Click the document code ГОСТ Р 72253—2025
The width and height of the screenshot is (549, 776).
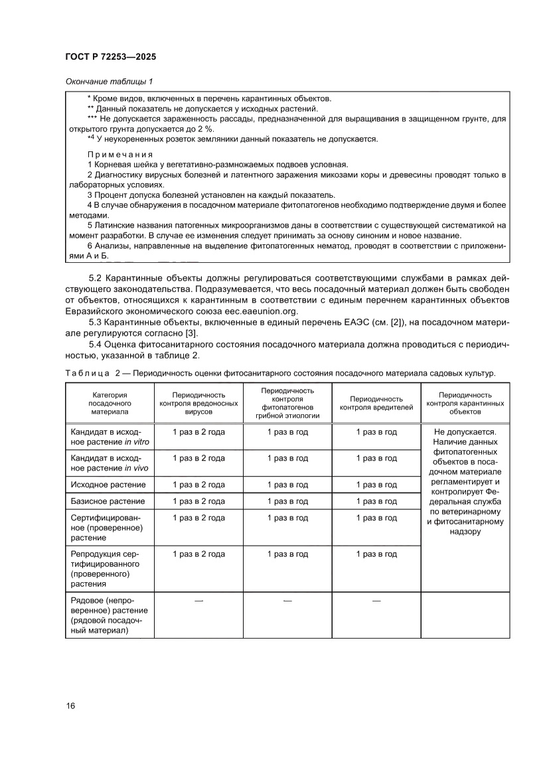point(110,57)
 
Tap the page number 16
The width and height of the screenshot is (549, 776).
point(70,705)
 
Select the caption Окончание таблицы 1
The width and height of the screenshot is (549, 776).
point(110,82)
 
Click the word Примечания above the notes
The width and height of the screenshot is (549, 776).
point(120,154)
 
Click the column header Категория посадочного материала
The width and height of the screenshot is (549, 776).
point(110,402)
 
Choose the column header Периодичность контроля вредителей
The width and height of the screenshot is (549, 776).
point(376,402)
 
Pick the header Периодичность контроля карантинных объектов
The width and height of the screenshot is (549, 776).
point(465,402)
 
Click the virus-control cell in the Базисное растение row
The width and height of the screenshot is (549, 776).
point(198,501)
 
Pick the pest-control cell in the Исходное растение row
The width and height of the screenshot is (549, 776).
point(376,485)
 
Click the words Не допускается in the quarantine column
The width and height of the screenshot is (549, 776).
point(465,431)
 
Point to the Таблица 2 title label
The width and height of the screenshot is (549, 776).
point(92,374)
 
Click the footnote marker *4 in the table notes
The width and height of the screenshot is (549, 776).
point(91,138)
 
